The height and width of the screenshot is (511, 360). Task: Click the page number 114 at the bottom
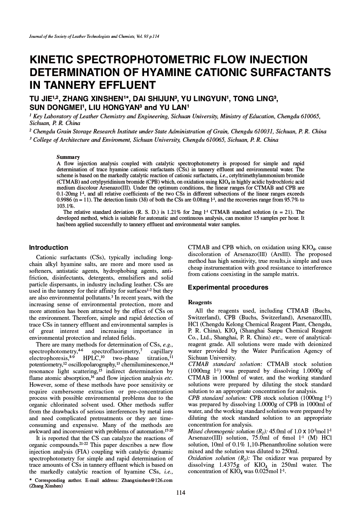click(x=181, y=493)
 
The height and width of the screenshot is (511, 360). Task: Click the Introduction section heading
click(x=49, y=247)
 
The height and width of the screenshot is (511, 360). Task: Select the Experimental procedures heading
click(x=228, y=288)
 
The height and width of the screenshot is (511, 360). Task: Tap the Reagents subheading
click(x=200, y=303)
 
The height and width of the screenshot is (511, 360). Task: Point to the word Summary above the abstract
click(x=68, y=157)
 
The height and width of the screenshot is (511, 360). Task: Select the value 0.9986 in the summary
click(x=65, y=200)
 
